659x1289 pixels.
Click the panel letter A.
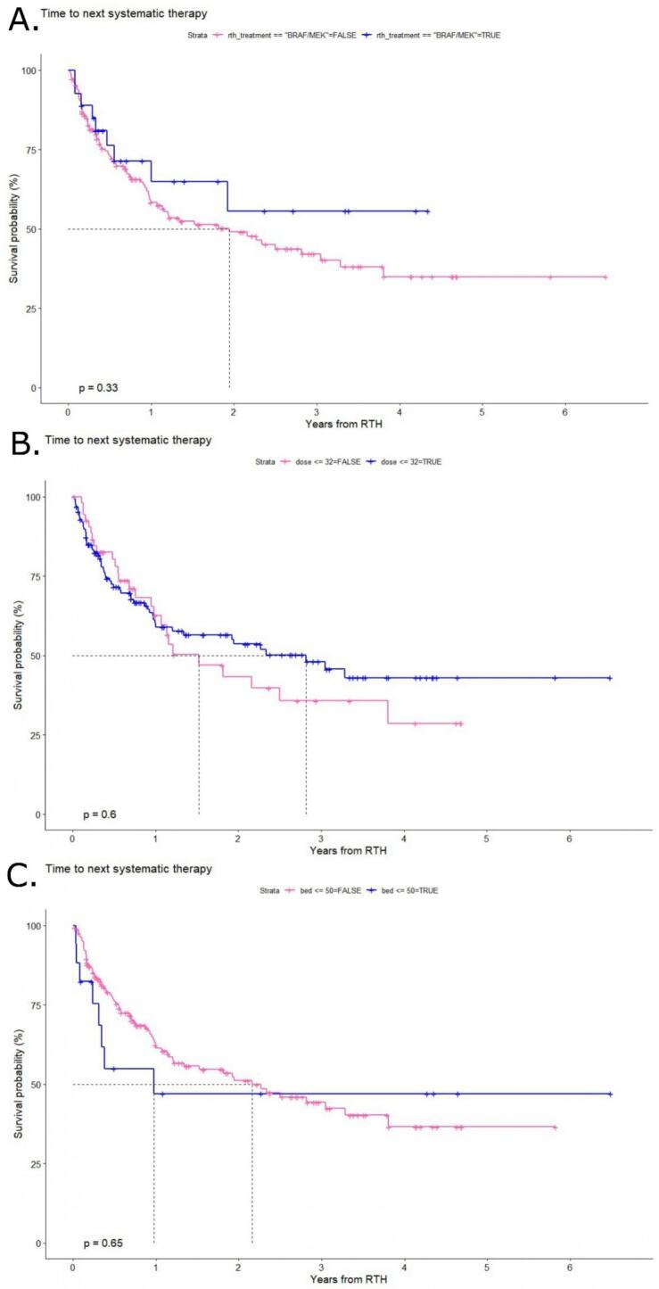click(x=22, y=17)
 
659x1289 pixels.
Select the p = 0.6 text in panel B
click(x=100, y=814)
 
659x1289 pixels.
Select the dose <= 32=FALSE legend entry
click(x=321, y=462)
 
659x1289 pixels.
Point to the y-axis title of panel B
click(x=18, y=655)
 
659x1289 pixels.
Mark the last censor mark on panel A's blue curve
click(x=427, y=211)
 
